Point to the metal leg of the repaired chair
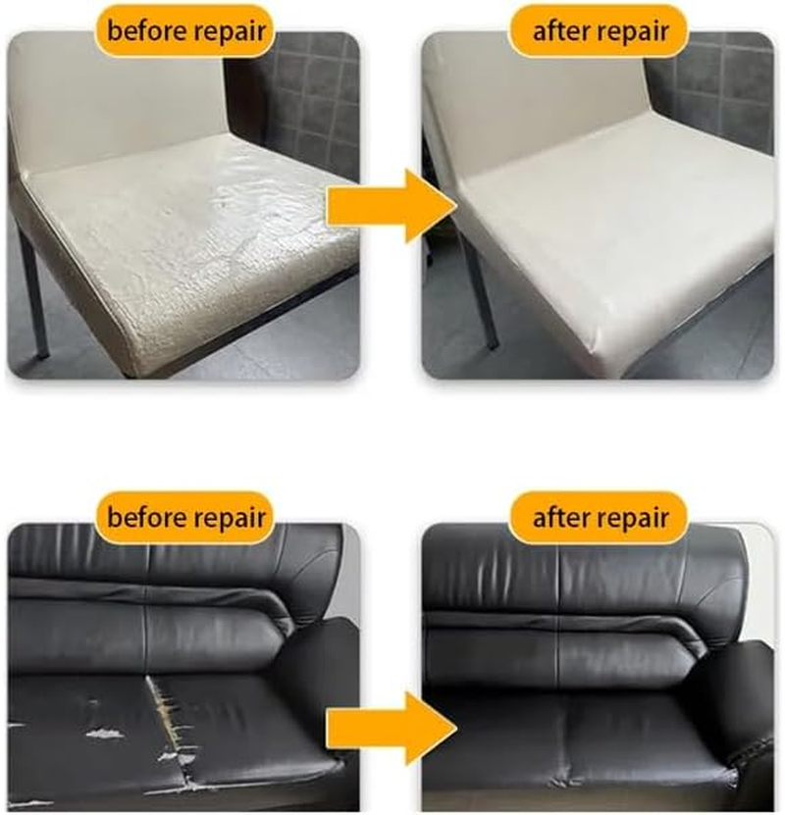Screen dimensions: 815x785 coord(481,294)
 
